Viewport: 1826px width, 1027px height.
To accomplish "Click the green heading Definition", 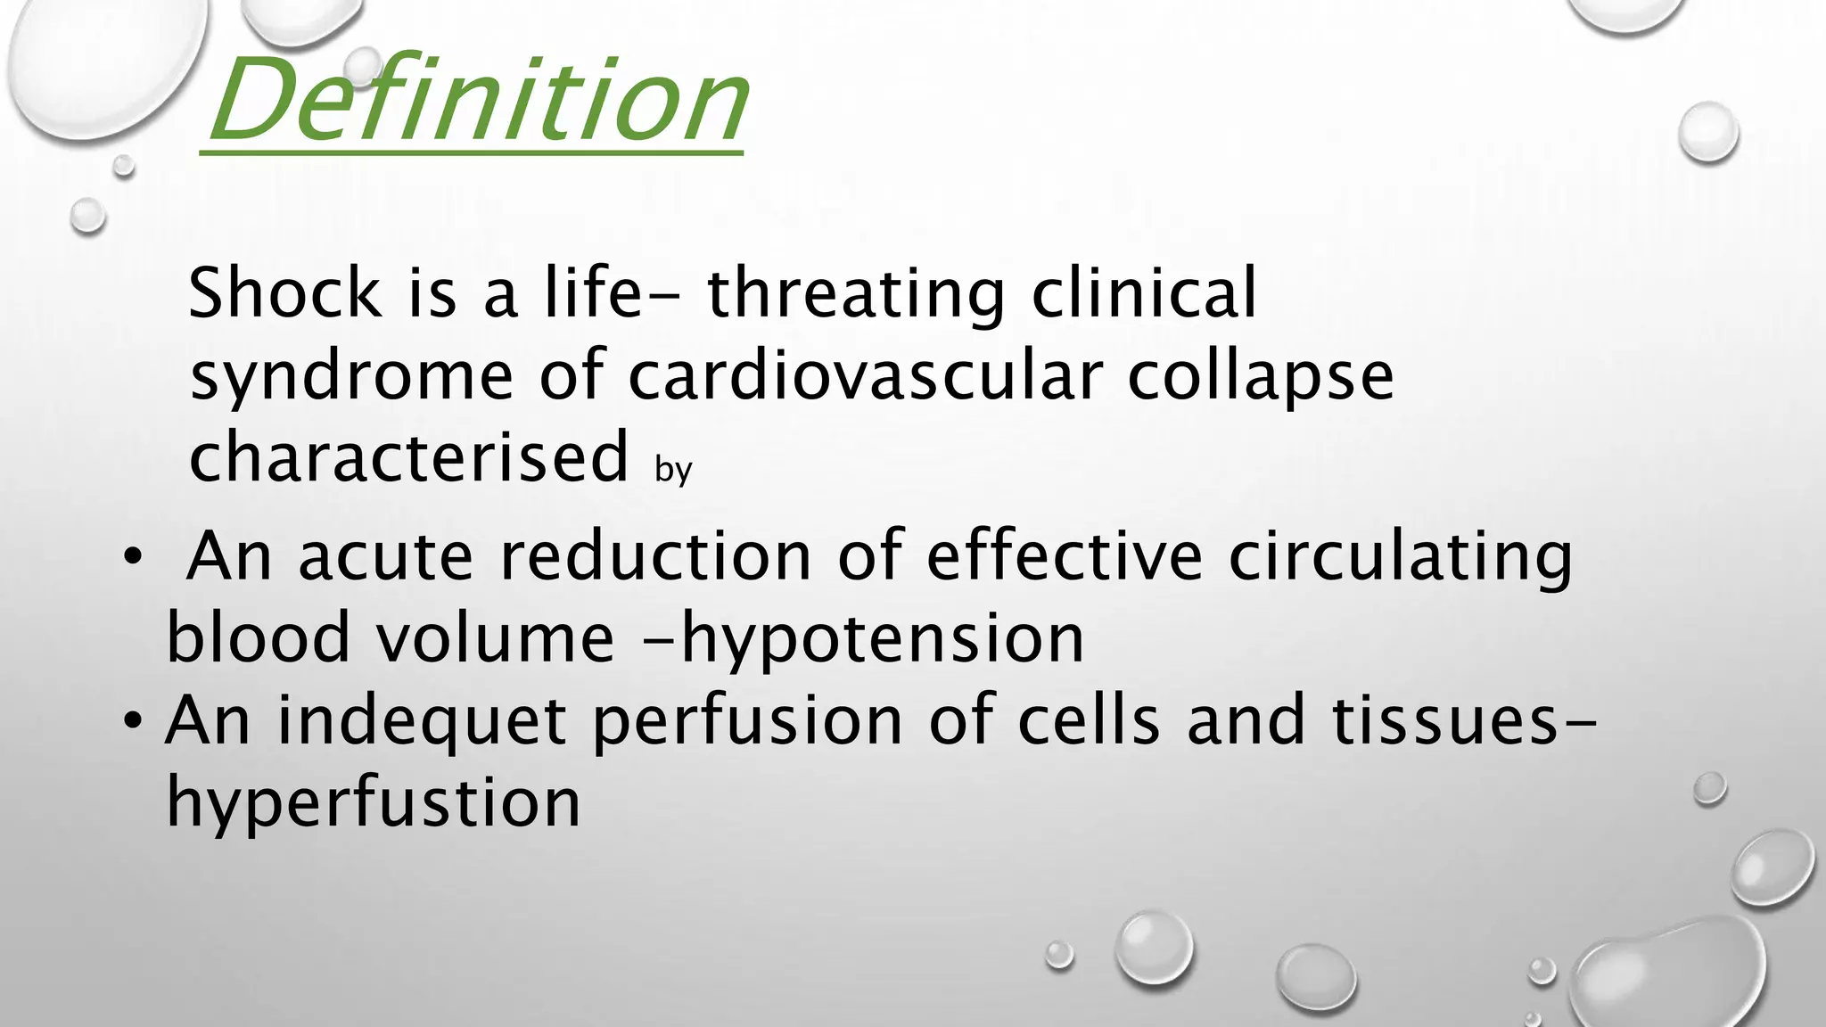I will (477, 100).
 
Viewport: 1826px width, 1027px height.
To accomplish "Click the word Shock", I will (284, 293).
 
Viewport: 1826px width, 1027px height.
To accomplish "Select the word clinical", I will (1144, 293).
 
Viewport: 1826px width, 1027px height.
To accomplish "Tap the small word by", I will (673, 469).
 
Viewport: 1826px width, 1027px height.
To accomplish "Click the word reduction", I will (654, 556).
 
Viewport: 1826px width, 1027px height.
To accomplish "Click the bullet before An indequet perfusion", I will (133, 719).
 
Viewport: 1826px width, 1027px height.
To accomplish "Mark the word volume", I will (494, 638).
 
